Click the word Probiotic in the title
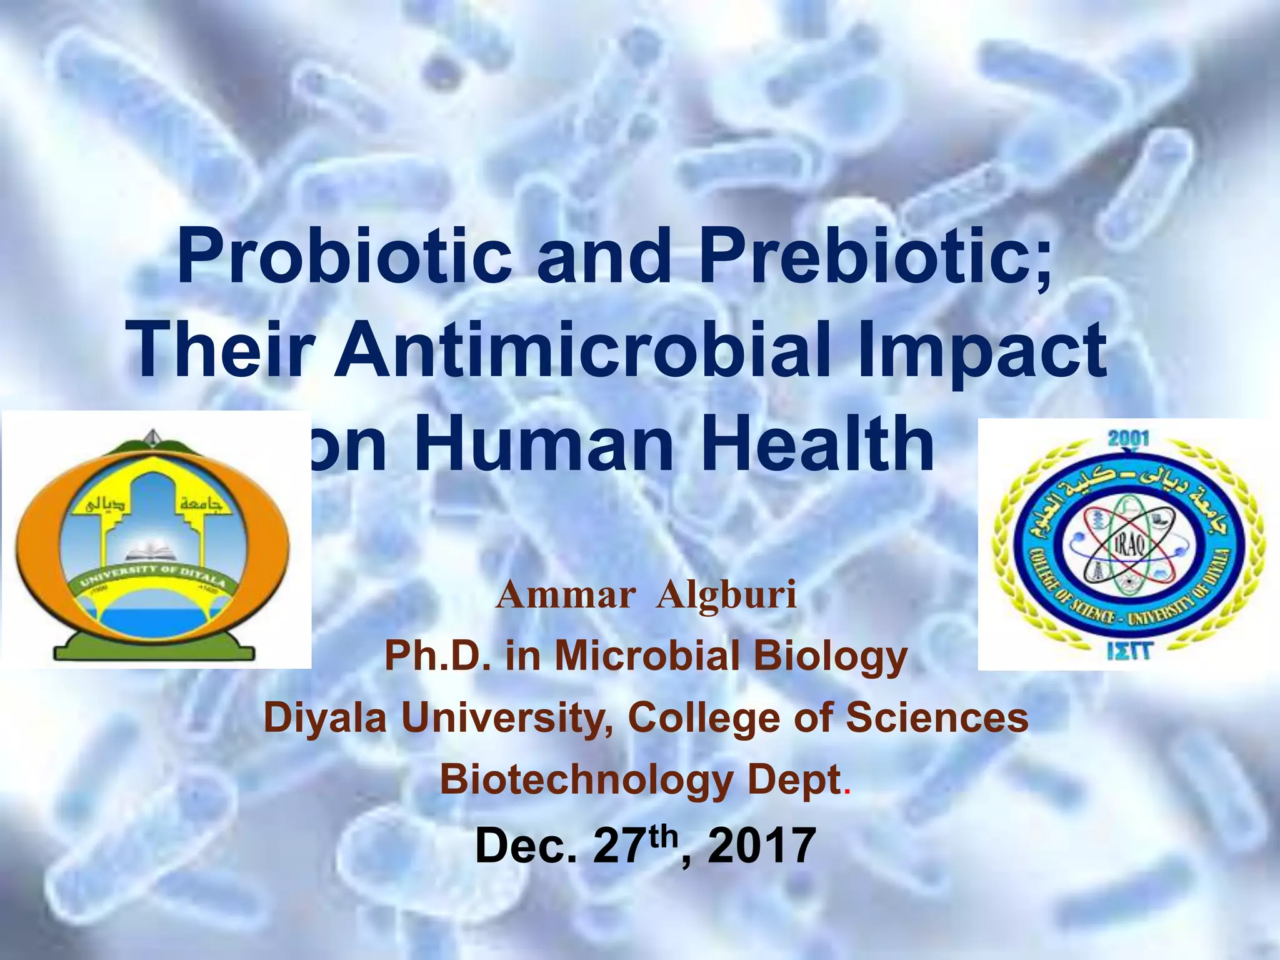point(344,257)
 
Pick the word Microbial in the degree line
point(647,656)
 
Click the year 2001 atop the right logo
point(1129,438)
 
